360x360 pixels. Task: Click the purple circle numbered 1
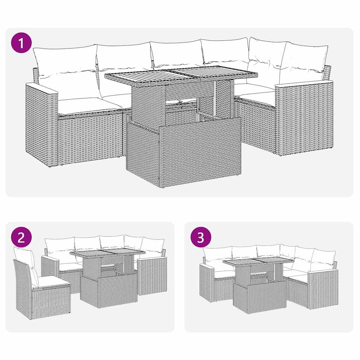click(x=21, y=43)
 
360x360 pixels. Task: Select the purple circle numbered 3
click(x=200, y=238)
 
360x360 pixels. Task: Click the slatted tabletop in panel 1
click(x=181, y=75)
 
